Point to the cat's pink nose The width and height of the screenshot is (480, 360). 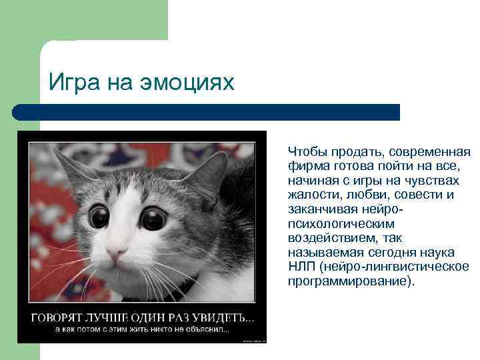coord(116,254)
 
